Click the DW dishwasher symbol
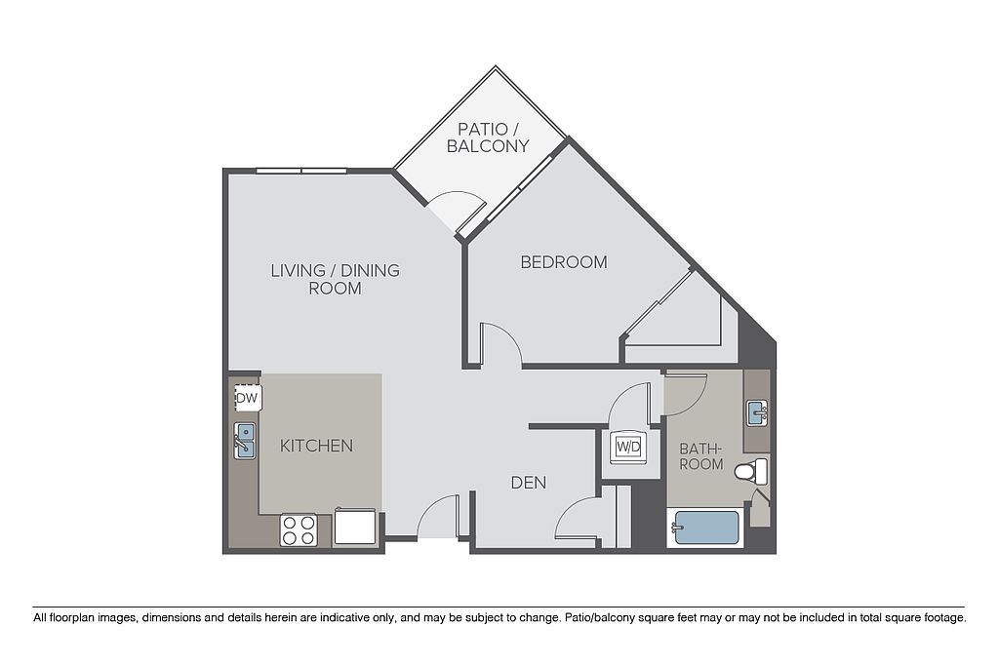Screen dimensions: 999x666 247,398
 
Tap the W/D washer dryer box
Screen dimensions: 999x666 628,447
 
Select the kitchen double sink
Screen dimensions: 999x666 245,441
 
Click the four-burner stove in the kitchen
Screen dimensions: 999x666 299,530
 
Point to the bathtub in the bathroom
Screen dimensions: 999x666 705,528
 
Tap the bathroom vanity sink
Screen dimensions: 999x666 757,413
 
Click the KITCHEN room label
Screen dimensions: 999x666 317,446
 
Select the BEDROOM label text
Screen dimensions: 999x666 564,261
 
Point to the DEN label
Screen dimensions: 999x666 529,483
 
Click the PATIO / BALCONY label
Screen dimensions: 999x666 488,137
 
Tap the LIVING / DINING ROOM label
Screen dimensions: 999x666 336,279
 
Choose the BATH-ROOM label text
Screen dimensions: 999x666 700,456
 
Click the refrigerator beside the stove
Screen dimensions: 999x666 355,526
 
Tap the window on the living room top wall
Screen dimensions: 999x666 301,171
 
